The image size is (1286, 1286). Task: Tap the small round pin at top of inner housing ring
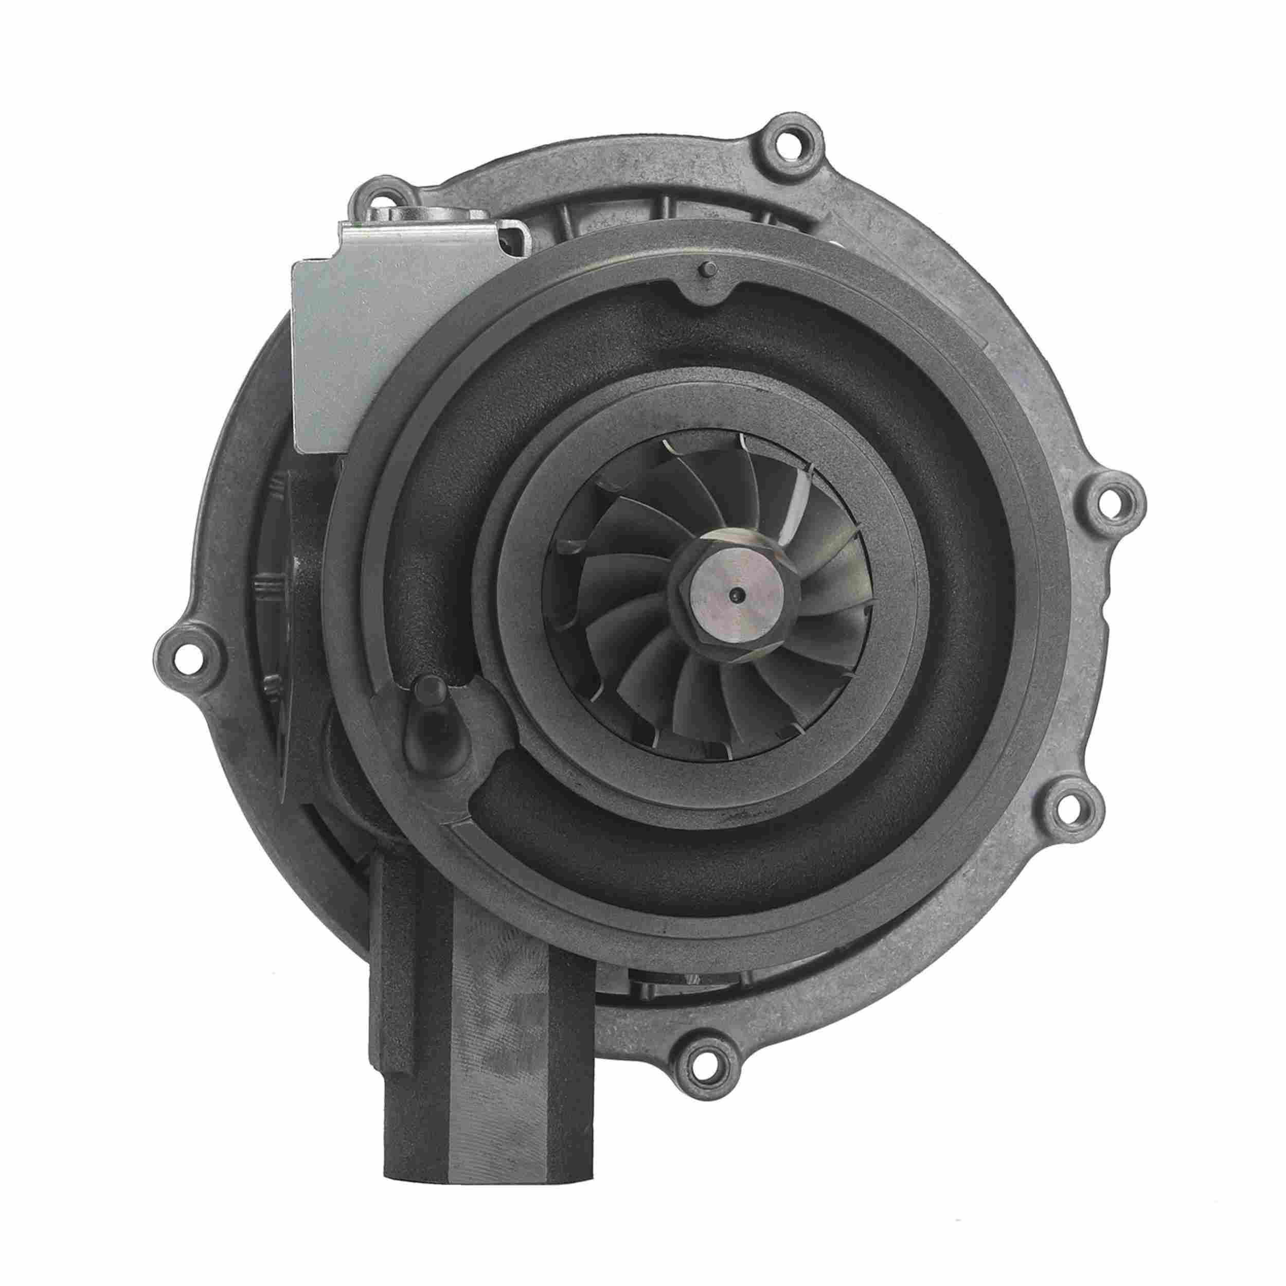point(707,270)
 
